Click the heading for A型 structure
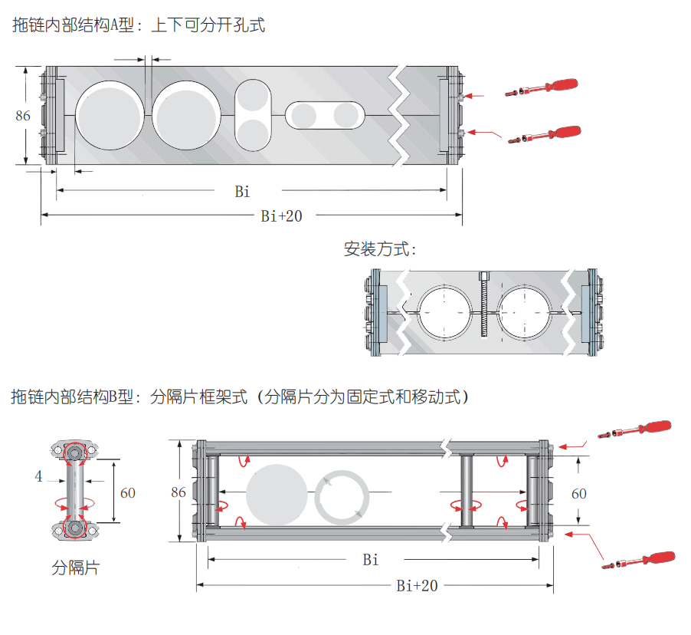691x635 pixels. click(139, 25)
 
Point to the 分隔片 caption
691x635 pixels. click(75, 568)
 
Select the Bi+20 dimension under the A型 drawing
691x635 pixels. click(281, 216)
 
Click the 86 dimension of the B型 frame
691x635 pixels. click(178, 492)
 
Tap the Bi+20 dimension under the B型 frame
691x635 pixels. click(418, 586)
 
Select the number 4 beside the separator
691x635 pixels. click(38, 476)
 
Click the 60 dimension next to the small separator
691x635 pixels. click(127, 492)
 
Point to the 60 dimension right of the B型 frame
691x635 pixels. click(579, 493)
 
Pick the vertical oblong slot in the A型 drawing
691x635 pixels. click(253, 115)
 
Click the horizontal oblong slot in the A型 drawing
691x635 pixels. click(326, 115)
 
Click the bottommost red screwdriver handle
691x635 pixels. click(657, 558)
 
